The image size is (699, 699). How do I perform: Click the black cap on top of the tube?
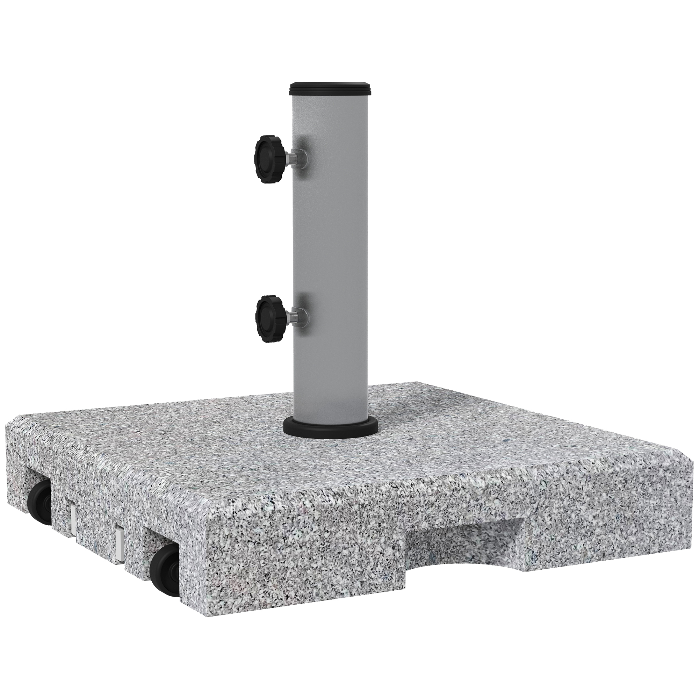[x=331, y=96]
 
